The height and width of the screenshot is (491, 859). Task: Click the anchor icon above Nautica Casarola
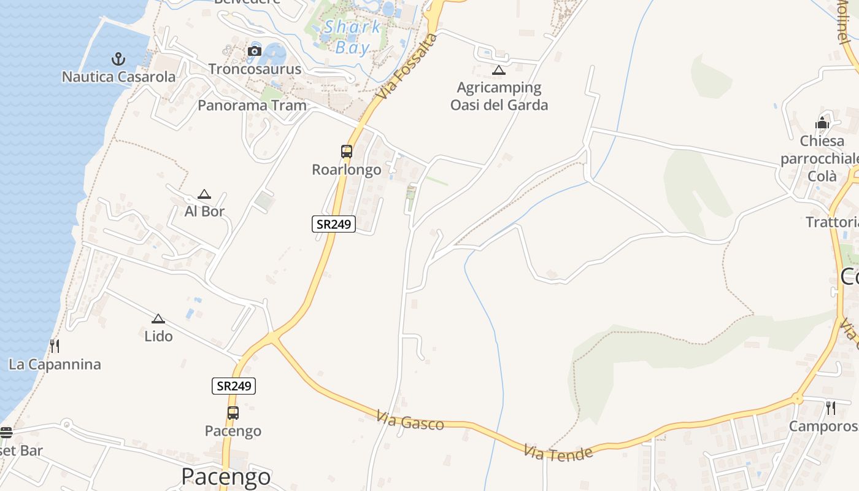[x=118, y=59]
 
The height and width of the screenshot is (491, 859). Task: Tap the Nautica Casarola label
[x=118, y=77]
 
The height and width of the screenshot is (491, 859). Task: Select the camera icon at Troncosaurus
[x=255, y=51]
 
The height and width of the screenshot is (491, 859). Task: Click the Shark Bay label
[x=353, y=37]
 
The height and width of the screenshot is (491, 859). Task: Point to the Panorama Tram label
[x=252, y=106]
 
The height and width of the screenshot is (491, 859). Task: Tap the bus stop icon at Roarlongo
[x=347, y=151]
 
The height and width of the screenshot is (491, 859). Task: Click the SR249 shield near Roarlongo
[x=334, y=224]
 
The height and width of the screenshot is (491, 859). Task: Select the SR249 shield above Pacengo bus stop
[x=234, y=386]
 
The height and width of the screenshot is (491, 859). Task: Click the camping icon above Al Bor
[x=204, y=195]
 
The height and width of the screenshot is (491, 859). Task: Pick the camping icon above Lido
[x=158, y=319]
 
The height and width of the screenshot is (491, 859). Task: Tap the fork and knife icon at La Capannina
[x=55, y=346]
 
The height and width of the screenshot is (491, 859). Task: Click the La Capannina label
[x=55, y=365]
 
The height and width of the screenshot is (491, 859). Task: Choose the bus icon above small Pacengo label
[x=233, y=412]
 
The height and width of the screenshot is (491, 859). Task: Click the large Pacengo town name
[x=226, y=477]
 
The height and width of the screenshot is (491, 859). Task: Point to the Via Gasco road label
[x=410, y=422]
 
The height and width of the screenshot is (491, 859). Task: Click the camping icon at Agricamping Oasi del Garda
[x=499, y=70]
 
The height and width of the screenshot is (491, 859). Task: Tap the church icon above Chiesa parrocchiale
[x=822, y=123]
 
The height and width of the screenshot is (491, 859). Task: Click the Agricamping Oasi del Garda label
[x=499, y=96]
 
